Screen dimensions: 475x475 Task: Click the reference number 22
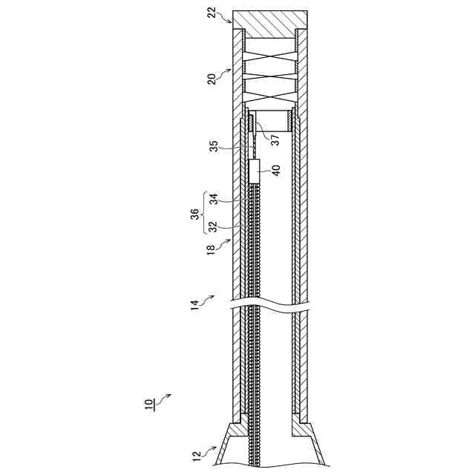(213, 12)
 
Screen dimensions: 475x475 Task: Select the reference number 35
(214, 146)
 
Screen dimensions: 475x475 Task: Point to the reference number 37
(275, 140)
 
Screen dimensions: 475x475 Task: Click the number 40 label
(276, 171)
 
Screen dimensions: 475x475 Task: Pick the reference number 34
(214, 199)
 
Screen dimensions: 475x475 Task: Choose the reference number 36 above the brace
(195, 214)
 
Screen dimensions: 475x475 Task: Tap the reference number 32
(214, 227)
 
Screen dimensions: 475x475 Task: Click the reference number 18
(211, 251)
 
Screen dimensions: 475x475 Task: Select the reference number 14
(194, 305)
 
